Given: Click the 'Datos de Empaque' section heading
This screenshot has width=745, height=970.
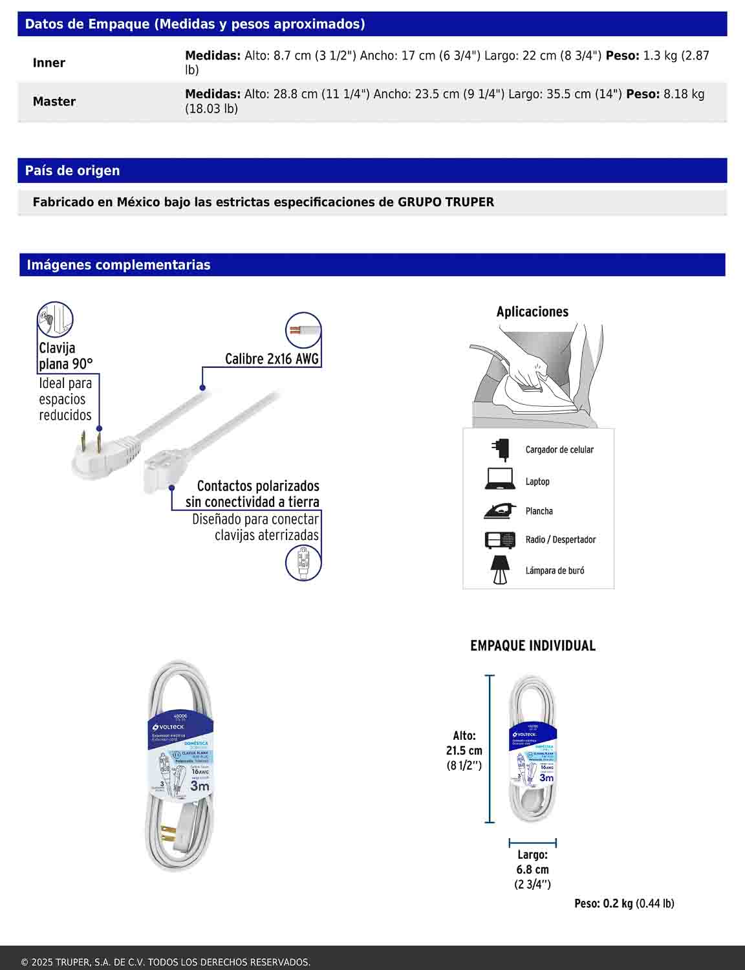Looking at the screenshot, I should [195, 25].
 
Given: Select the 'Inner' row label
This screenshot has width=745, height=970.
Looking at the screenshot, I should [49, 63].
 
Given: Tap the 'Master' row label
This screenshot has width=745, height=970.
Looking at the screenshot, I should [54, 102].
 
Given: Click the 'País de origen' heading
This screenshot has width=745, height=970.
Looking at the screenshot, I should [72, 171].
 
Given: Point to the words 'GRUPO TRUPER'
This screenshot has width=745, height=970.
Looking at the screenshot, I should [446, 202].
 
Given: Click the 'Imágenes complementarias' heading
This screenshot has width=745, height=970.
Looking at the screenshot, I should [118, 265].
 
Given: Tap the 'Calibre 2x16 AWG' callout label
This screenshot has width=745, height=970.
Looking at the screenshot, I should [272, 359].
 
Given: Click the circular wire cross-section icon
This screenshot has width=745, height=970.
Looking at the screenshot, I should [303, 330].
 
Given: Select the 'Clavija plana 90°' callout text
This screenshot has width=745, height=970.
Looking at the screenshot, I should [65, 356].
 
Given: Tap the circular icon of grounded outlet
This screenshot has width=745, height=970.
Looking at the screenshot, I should [303, 562].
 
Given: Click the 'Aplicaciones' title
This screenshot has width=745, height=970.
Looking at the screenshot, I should [532, 312].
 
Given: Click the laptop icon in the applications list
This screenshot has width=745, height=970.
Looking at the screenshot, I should [500, 479].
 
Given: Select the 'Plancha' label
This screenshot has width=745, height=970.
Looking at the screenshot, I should [539, 511].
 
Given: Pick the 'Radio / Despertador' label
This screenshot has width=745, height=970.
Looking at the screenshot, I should [560, 539].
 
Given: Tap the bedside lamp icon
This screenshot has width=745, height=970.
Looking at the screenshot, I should [499, 570].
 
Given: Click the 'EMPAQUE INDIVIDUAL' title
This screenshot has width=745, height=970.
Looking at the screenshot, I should [533, 645].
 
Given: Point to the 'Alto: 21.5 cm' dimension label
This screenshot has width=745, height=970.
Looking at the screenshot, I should [464, 743].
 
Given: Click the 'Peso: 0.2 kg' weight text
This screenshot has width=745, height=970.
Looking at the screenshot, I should [603, 903].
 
